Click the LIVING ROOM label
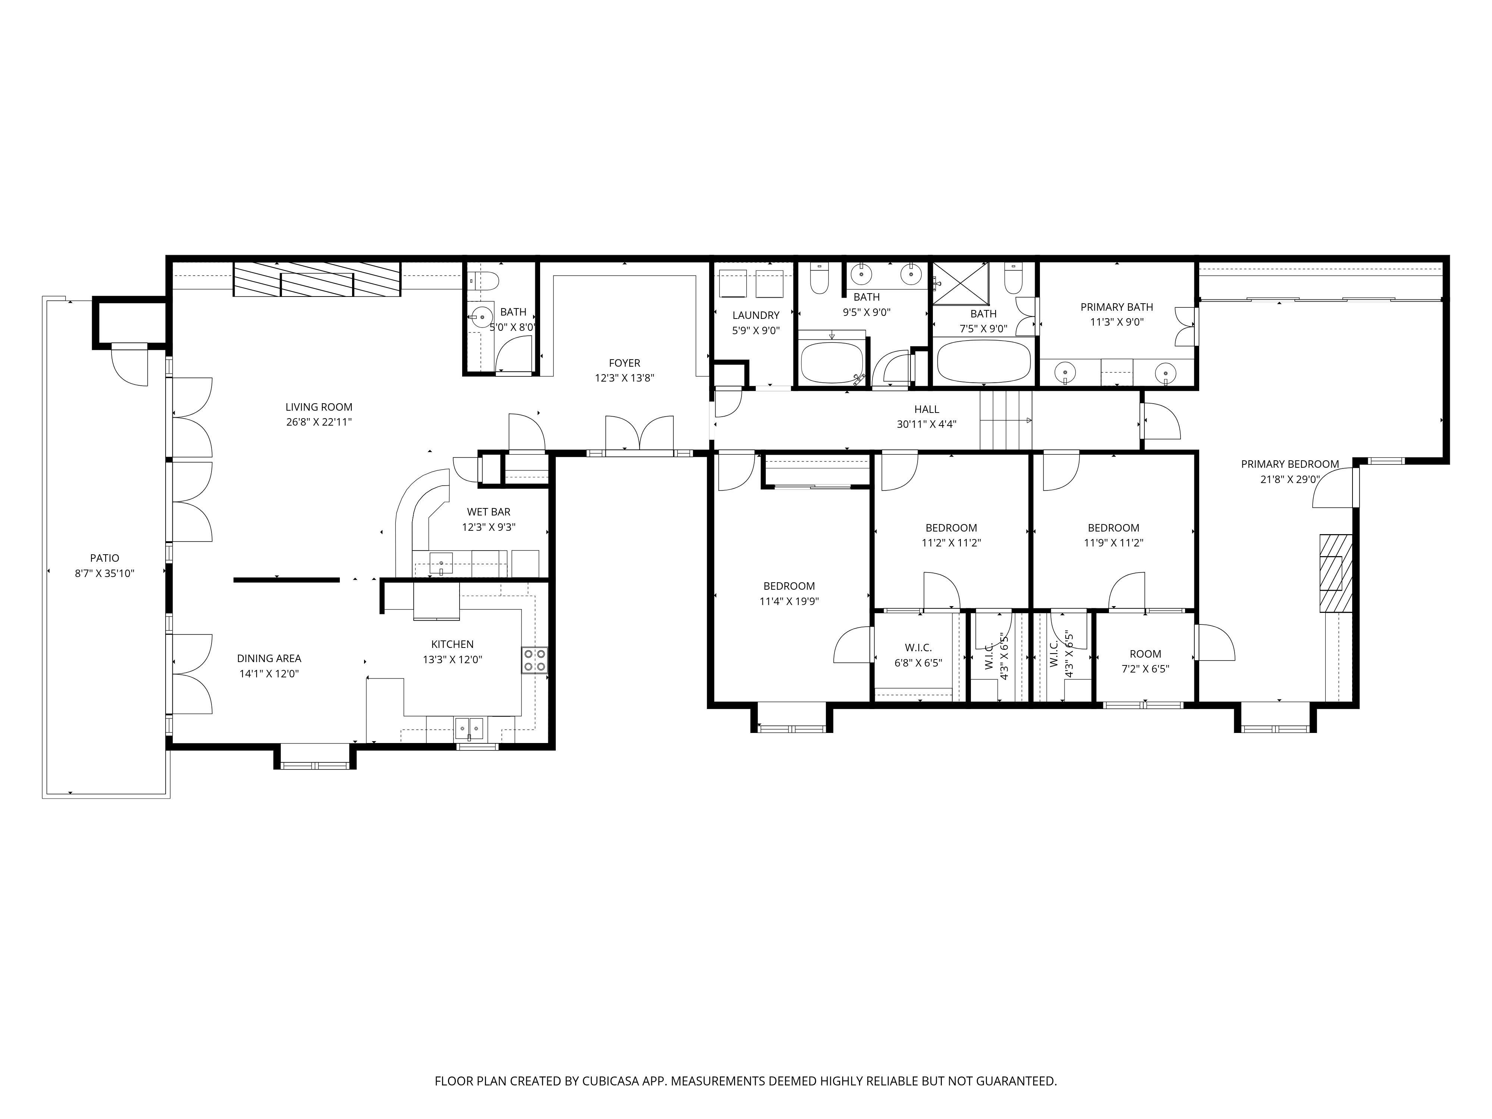pyautogui.click(x=319, y=407)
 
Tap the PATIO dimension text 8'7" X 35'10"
pyautogui.click(x=104, y=573)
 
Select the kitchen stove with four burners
pyautogui.click(x=534, y=660)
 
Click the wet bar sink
pyautogui.click(x=441, y=562)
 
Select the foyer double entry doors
pyautogui.click(x=639, y=435)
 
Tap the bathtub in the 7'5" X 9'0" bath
pyautogui.click(x=984, y=361)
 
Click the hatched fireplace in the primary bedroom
pyautogui.click(x=1335, y=573)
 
